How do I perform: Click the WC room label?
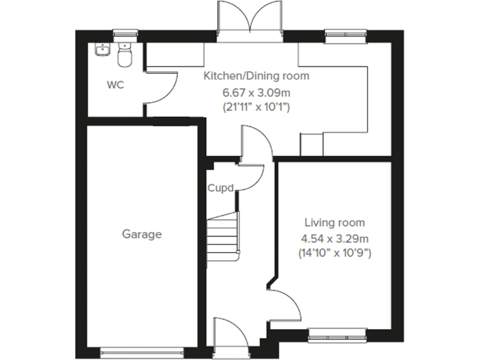point(115,85)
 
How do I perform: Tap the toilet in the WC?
point(125,56)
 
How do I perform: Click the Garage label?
point(141,234)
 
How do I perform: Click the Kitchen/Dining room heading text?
point(256,76)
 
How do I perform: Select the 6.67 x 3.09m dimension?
point(256,92)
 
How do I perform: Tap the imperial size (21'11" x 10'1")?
point(256,107)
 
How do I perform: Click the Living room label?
point(334,222)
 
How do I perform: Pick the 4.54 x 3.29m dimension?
point(334,238)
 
